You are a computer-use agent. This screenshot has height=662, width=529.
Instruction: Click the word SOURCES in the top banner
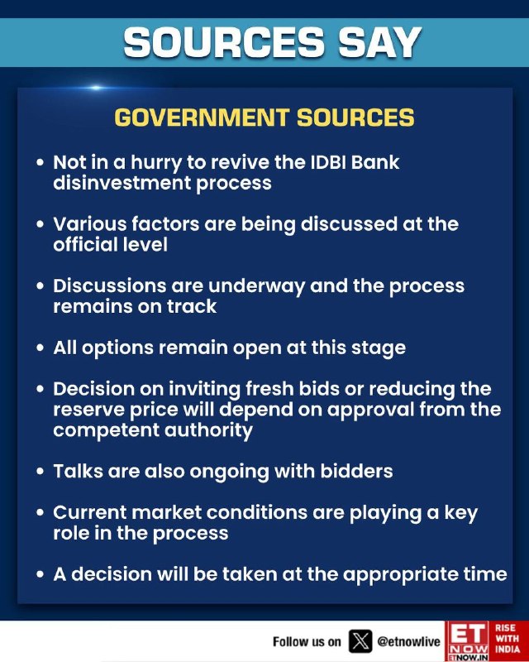coord(224,42)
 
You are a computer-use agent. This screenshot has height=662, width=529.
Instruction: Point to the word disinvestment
coord(122,183)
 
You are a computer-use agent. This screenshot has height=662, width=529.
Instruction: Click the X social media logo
coord(360,640)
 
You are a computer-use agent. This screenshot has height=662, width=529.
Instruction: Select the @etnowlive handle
coord(408,642)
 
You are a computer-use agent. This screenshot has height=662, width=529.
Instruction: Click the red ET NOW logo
coord(467,640)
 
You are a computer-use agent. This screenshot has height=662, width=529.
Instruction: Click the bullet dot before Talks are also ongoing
coord(40,471)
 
